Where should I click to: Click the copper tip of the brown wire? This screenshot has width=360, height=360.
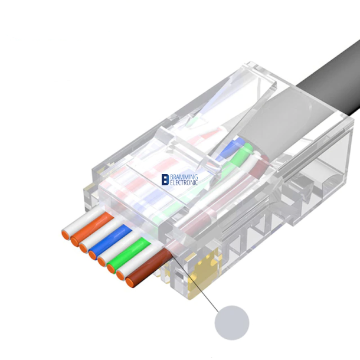(129, 283)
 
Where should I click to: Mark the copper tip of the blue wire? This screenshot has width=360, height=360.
(93, 254)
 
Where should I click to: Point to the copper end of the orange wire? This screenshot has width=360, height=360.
(74, 240)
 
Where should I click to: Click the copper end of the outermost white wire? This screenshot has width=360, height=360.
(64, 234)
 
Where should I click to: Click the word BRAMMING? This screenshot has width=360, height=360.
(184, 176)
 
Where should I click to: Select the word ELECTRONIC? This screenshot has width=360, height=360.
(184, 183)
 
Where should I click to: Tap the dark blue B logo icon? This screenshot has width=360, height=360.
(165, 179)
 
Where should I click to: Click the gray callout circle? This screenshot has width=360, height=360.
(231, 322)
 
